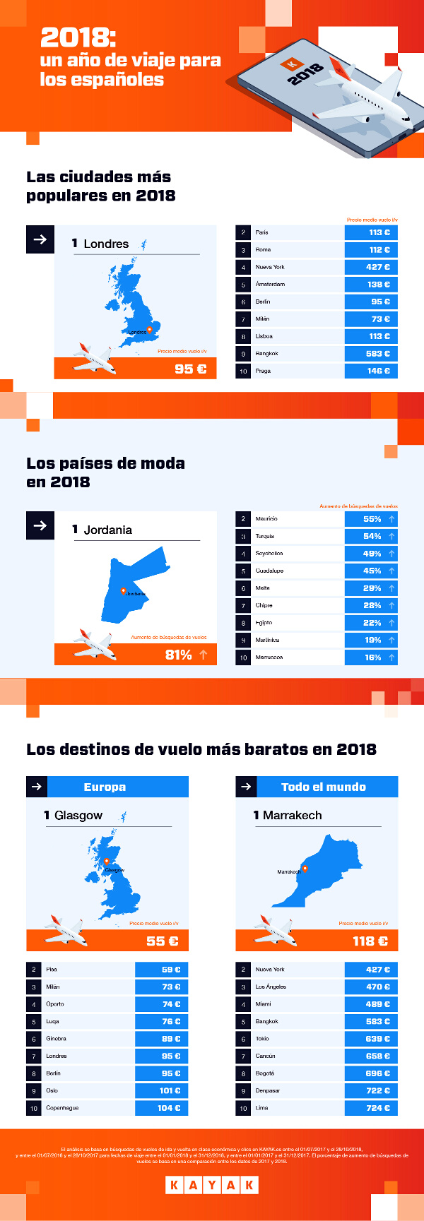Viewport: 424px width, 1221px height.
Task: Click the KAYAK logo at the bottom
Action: (x=212, y=1185)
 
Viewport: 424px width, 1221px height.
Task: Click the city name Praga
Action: (x=263, y=371)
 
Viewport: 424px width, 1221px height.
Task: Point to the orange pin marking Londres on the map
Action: (x=149, y=330)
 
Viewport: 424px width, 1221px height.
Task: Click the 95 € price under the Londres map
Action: (x=190, y=369)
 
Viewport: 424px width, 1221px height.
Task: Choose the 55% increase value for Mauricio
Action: (x=372, y=519)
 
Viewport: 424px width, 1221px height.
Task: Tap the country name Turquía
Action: (x=265, y=537)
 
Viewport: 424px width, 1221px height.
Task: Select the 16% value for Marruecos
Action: (x=372, y=657)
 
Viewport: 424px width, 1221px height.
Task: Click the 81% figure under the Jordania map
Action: (x=179, y=655)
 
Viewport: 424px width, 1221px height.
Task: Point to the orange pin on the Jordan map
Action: (x=123, y=591)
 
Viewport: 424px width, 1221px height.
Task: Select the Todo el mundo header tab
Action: (x=323, y=787)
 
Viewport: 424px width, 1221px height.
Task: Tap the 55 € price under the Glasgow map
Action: (x=162, y=941)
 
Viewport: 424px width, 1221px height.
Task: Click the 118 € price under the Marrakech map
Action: (x=370, y=941)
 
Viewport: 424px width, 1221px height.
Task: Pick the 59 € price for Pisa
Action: (x=171, y=970)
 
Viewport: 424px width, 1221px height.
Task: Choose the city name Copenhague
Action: (x=62, y=1108)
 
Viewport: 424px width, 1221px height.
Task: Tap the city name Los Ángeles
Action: (x=271, y=987)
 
